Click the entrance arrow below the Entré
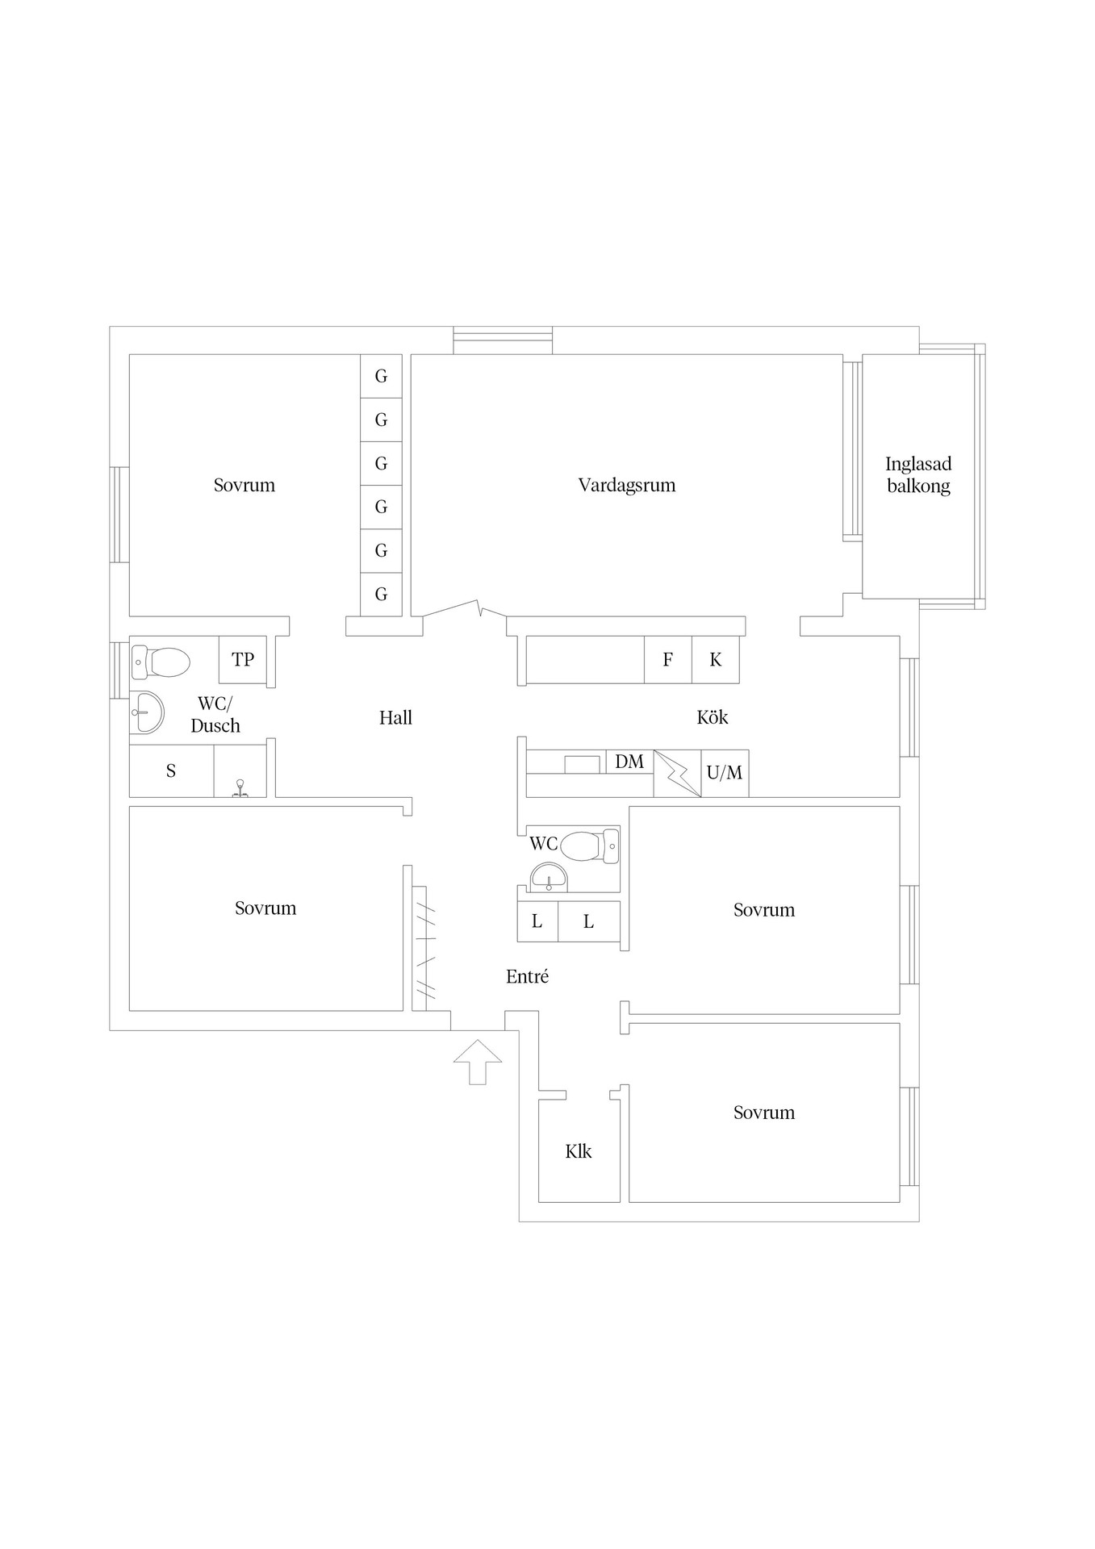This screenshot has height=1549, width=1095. pyautogui.click(x=478, y=1062)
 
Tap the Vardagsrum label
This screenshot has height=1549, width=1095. pyautogui.click(x=627, y=485)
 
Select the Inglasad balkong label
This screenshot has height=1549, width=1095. pyautogui.click(x=918, y=474)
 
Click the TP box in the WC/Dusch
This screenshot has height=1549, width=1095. pyautogui.click(x=243, y=659)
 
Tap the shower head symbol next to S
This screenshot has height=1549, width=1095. pyautogui.click(x=240, y=788)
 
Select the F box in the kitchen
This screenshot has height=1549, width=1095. pyautogui.click(x=668, y=659)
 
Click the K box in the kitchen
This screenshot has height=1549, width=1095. pyautogui.click(x=716, y=659)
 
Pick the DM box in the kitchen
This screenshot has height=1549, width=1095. pyautogui.click(x=629, y=761)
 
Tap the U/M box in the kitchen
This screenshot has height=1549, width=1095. pyautogui.click(x=725, y=773)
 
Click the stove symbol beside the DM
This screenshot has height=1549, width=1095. pyautogui.click(x=677, y=774)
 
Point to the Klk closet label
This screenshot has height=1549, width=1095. pyautogui.click(x=579, y=1151)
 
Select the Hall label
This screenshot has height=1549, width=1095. pyautogui.click(x=395, y=717)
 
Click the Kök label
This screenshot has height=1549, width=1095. pyautogui.click(x=713, y=716)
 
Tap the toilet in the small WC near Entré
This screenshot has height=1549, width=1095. pyautogui.click(x=589, y=846)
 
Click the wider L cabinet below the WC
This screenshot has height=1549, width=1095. pyautogui.click(x=589, y=921)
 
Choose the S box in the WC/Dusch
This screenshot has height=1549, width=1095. pyautogui.click(x=171, y=771)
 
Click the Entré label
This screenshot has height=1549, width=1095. pyautogui.click(x=528, y=976)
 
